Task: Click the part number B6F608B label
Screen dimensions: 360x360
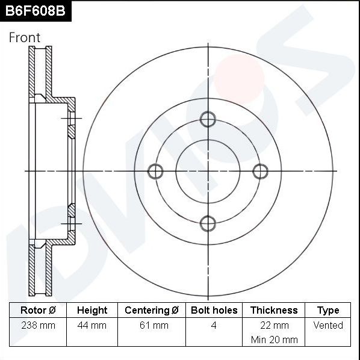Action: click(x=36, y=10)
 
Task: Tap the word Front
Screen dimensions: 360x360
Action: click(x=25, y=37)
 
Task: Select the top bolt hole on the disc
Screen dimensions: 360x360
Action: click(x=208, y=119)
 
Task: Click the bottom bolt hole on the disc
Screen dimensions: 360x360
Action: click(x=208, y=224)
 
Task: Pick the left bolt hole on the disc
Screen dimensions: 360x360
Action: click(x=155, y=172)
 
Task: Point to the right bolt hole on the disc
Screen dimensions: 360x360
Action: click(x=260, y=172)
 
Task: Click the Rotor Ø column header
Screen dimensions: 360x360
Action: click(x=38, y=310)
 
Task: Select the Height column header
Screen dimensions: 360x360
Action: click(x=92, y=310)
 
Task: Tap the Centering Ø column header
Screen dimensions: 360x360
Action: click(x=152, y=310)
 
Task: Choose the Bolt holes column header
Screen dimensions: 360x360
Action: click(x=214, y=310)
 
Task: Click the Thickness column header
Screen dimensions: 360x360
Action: click(x=274, y=310)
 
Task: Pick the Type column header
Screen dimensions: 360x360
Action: click(x=328, y=310)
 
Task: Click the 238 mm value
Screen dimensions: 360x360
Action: click(x=38, y=325)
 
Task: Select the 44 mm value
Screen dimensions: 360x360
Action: click(x=92, y=325)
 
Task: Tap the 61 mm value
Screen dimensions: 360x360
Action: click(x=152, y=325)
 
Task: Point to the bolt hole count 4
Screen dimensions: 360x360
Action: click(x=214, y=325)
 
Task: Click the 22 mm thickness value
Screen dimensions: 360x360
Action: click(x=274, y=325)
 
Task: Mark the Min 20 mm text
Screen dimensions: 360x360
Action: click(x=274, y=340)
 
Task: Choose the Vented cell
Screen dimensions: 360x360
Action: click(x=328, y=325)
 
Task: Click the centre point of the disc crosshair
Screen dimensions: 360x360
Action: click(x=208, y=172)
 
